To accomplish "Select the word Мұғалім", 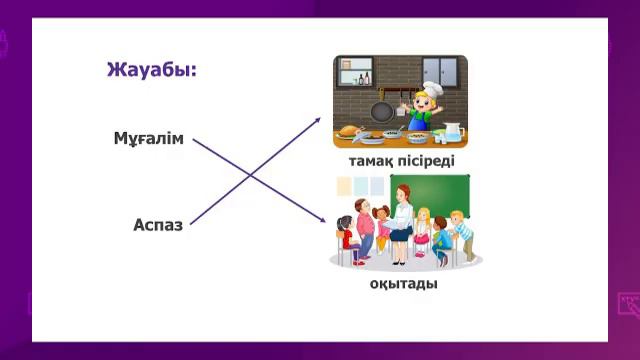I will coord(149,138).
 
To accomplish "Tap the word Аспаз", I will coord(158,225).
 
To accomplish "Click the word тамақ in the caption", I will coord(369,161).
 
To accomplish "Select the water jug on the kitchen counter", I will coord(453,132).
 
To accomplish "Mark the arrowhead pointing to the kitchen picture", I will coord(318,120).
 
